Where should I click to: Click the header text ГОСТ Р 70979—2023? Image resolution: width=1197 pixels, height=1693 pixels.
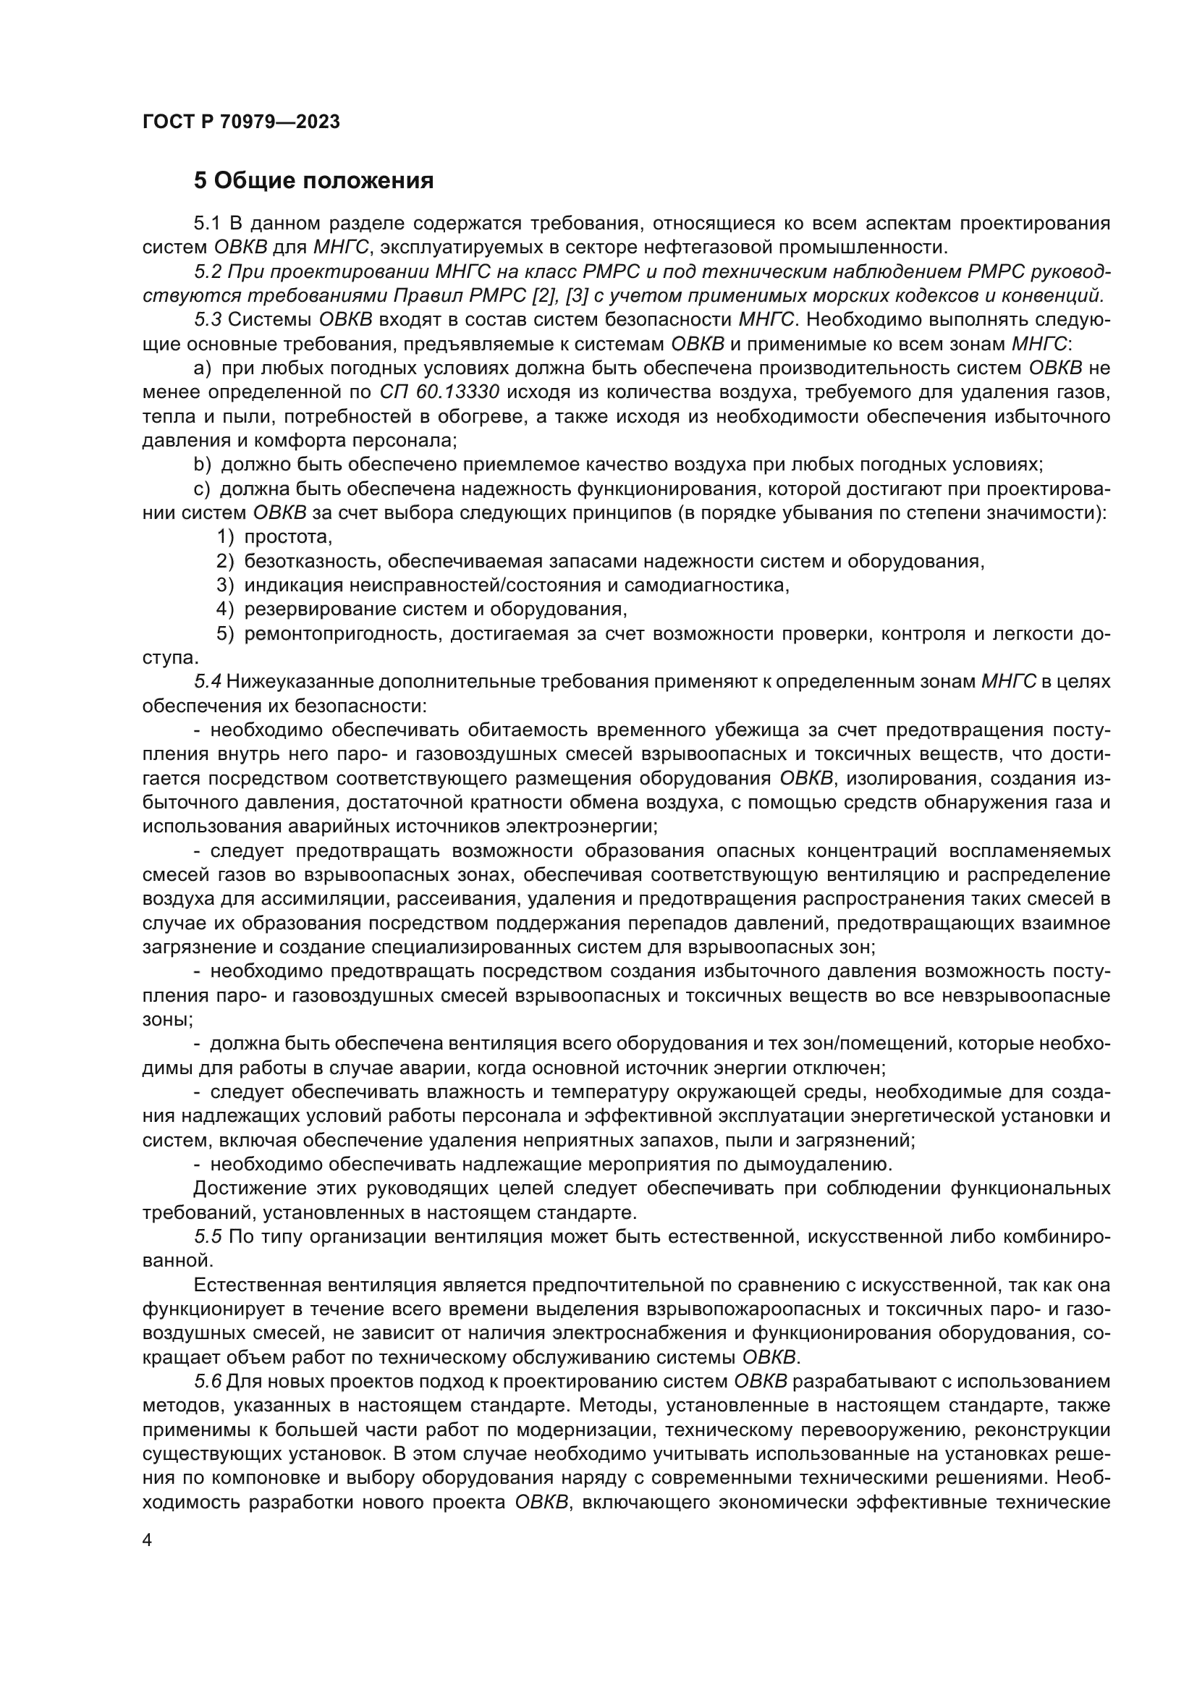tap(241, 122)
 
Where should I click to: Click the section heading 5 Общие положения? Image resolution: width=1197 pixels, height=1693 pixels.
tap(313, 180)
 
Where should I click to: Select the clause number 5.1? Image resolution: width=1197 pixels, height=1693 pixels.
tap(208, 224)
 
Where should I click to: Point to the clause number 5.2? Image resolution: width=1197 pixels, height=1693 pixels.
tap(208, 272)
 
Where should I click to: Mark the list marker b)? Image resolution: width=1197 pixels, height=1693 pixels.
tap(202, 465)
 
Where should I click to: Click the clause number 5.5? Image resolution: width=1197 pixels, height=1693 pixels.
tap(208, 1236)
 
